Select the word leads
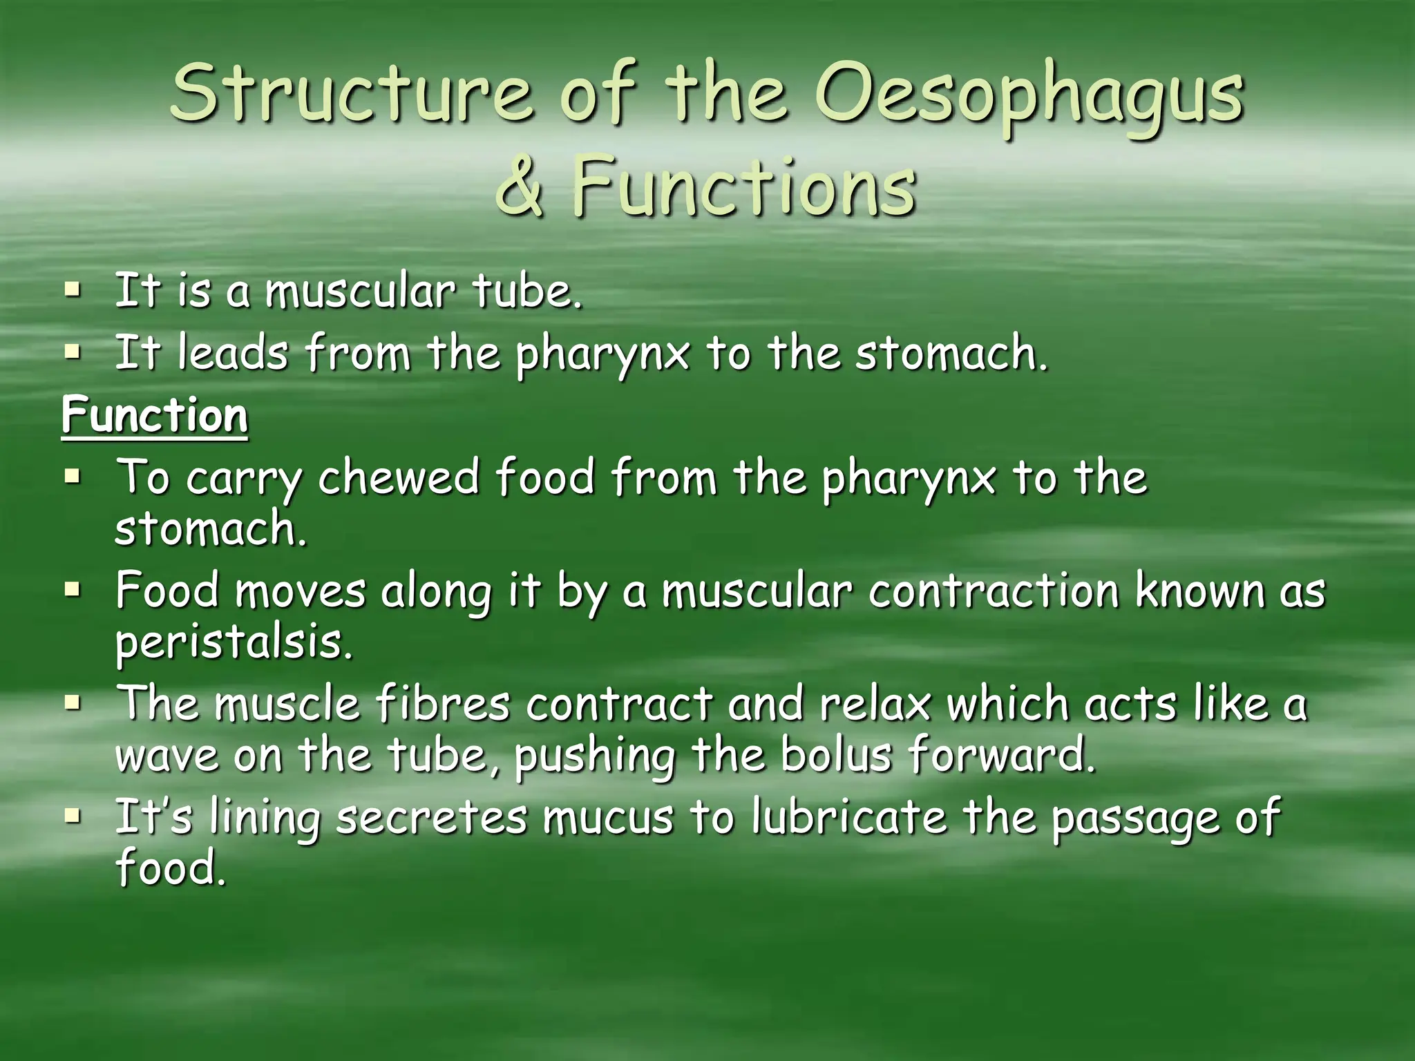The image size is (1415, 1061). pos(231,354)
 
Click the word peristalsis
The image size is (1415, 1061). pos(234,644)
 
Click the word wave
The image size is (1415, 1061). pos(167,756)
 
